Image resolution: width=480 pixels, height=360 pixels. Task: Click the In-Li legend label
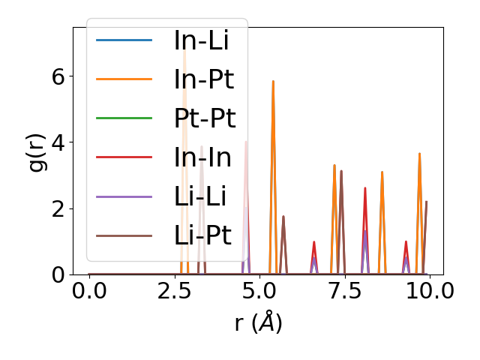201,40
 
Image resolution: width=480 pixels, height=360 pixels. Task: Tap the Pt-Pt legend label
205,118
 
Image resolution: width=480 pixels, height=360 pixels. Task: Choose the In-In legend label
202,157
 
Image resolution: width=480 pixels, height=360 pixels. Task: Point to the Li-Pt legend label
202,235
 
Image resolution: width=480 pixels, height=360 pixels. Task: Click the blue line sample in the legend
124,40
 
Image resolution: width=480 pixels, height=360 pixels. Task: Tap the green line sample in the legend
124,118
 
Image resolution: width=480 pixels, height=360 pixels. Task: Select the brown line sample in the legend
124,235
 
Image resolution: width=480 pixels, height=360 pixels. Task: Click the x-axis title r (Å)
258,322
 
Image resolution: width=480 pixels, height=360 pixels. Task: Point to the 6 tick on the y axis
58,76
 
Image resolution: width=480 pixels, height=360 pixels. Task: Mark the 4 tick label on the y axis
58,142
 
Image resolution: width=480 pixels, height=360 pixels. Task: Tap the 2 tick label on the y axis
58,208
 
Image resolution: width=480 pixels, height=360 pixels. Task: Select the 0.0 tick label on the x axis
89,290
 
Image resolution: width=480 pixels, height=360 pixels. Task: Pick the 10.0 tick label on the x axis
425,290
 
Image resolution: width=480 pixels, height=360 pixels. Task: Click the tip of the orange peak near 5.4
273,81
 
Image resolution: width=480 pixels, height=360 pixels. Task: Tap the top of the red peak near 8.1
365,187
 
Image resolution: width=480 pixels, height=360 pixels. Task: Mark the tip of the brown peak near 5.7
283,216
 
